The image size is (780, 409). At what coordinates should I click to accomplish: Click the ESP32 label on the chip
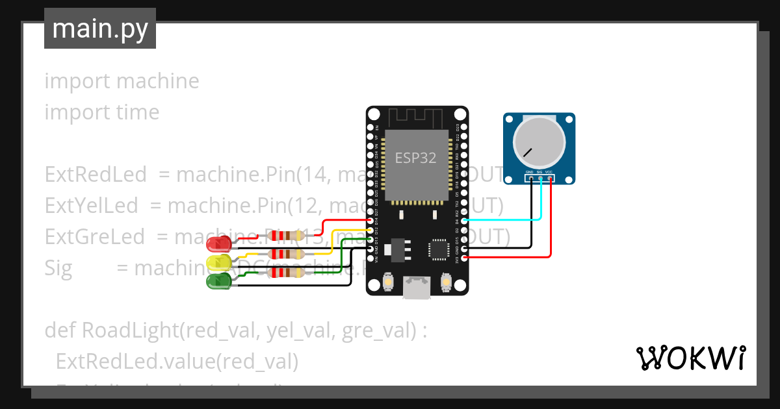[416, 158]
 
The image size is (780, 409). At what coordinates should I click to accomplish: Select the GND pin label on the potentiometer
[529, 172]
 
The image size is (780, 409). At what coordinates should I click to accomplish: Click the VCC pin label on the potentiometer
[549, 172]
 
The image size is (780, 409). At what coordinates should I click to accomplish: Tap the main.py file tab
[100, 29]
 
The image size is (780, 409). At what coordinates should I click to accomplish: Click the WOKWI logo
[690, 358]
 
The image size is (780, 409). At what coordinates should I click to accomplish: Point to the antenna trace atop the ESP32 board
[417, 118]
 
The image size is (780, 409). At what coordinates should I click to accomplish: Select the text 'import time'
[102, 112]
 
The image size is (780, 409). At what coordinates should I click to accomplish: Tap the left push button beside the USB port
[388, 281]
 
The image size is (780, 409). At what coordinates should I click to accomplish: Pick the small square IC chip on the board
[438, 249]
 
